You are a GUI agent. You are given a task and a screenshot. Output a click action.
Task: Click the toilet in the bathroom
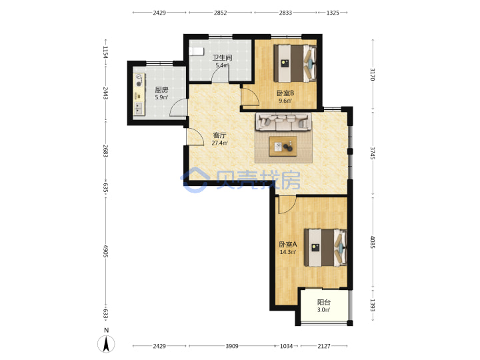click(196, 51)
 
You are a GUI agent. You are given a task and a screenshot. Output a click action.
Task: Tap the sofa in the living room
click(283, 121)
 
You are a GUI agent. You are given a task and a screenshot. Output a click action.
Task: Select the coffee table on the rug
click(283, 146)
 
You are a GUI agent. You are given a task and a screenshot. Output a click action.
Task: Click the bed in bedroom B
click(295, 63)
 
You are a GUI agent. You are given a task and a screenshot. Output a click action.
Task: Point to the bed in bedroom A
click(325, 247)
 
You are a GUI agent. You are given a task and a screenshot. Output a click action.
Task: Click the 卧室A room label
click(288, 244)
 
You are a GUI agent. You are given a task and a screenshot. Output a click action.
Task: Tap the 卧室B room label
click(285, 93)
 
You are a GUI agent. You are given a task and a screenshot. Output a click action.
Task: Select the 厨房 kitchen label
click(161, 90)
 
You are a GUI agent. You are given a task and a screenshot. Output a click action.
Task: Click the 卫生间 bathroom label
click(222, 57)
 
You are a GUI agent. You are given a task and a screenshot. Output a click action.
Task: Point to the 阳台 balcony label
click(323, 302)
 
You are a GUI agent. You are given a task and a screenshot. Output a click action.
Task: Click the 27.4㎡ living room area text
click(219, 143)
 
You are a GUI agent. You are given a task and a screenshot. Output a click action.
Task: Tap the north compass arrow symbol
click(106, 344)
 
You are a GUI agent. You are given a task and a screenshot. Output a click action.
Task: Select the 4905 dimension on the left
click(105, 251)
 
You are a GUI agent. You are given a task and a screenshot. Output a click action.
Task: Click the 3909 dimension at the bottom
click(232, 346)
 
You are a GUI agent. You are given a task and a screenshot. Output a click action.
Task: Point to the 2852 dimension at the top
click(220, 13)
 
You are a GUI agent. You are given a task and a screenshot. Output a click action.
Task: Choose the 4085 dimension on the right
click(373, 242)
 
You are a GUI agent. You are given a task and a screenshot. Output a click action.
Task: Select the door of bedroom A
click(287, 205)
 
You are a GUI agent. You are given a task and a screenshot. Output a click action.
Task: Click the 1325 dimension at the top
click(333, 13)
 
